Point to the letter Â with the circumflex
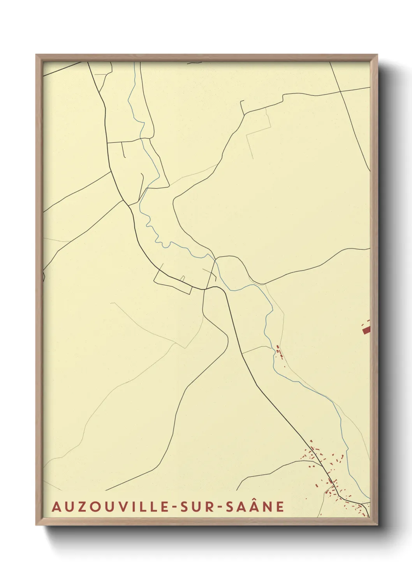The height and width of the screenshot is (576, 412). click(x=252, y=506)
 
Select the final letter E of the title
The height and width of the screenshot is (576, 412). click(x=280, y=507)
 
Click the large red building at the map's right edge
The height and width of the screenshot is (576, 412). click(x=366, y=330)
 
